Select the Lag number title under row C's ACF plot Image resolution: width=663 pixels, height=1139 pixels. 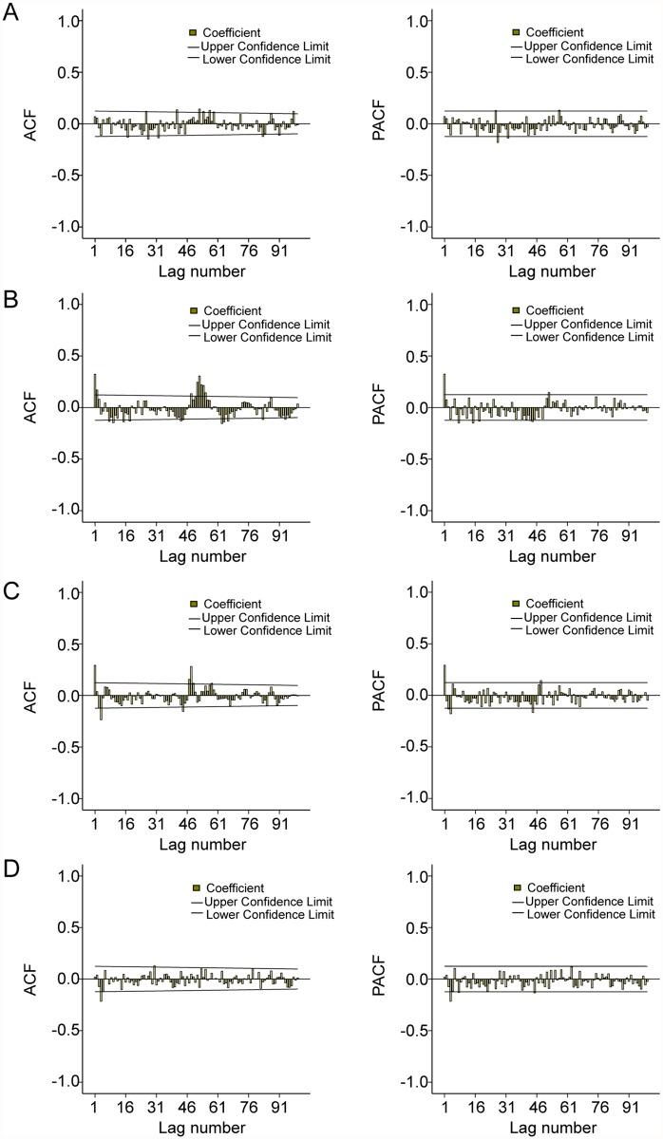click(x=202, y=844)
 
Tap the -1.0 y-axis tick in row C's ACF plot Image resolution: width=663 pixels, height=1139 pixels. click(x=63, y=798)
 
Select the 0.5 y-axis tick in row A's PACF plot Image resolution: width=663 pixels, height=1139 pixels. click(x=413, y=73)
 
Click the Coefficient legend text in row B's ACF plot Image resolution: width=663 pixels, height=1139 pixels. click(x=232, y=310)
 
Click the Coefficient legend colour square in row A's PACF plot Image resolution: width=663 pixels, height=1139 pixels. click(x=517, y=33)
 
